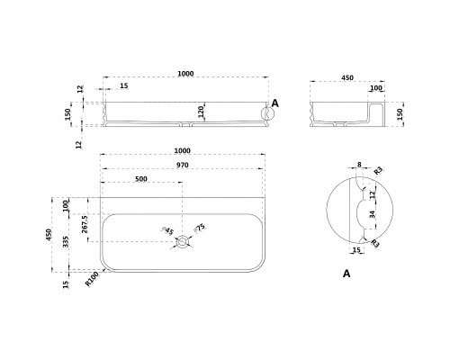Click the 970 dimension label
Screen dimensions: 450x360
pyautogui.click(x=183, y=165)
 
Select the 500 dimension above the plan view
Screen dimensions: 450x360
pyautogui.click(x=141, y=179)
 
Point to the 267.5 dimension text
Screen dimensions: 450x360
pyautogui.click(x=85, y=224)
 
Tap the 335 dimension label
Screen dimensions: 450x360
pyautogui.click(x=67, y=242)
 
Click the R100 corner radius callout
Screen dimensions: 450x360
pyautogui.click(x=93, y=279)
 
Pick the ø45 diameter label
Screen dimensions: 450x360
pyautogui.click(x=168, y=230)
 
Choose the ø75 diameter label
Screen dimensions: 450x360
pyautogui.click(x=200, y=228)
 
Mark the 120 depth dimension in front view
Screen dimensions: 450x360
pyautogui.click(x=202, y=112)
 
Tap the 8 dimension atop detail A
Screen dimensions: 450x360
pyautogui.click(x=359, y=165)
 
